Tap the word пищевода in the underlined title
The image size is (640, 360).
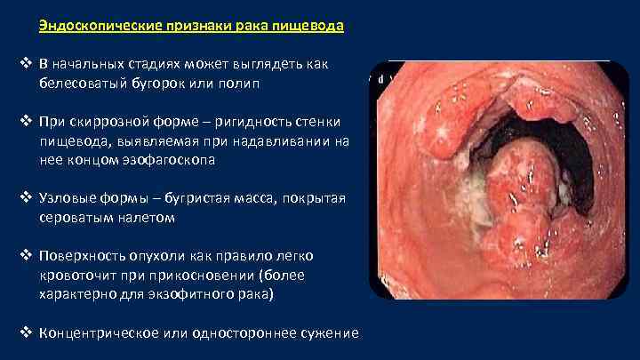pos(312,26)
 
